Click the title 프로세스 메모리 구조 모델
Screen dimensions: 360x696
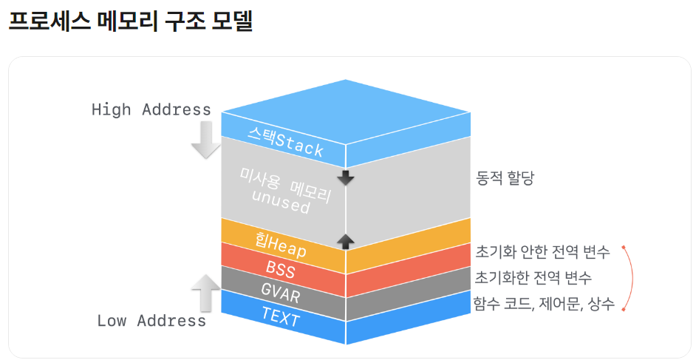[x=130, y=21]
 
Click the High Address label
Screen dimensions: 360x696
[x=151, y=109]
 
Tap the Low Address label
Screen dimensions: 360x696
[x=151, y=321]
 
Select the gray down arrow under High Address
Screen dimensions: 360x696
[x=206, y=140]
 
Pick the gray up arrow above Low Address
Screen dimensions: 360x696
[x=206, y=291]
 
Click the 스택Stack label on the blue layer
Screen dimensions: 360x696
[x=285, y=141]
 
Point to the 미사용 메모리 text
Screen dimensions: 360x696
[x=284, y=183]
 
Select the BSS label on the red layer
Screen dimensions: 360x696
[x=280, y=269]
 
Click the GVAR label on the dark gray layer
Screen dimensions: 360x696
[x=280, y=293]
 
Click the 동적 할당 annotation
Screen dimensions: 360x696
[x=505, y=178]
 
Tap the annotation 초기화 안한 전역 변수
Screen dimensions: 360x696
[x=542, y=252]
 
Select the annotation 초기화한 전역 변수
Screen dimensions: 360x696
[x=533, y=278]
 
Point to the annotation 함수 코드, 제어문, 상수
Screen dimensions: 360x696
[x=545, y=304]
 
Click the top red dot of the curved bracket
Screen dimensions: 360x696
[x=624, y=247]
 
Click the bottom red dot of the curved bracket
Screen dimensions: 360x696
[x=624, y=310]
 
